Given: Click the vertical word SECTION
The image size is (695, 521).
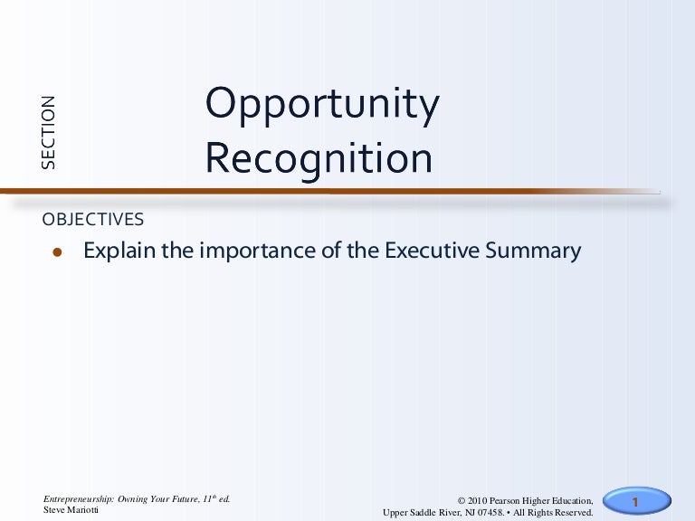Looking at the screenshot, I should coord(48,132).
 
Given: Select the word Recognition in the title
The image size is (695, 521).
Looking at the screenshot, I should coord(319,159).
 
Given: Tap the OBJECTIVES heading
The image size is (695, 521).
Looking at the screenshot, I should coord(93,220).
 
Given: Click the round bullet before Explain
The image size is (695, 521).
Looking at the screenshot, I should coord(56,253).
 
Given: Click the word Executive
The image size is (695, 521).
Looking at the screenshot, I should coord(429,251).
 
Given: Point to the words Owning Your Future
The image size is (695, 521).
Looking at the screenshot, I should coord(153,499).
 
